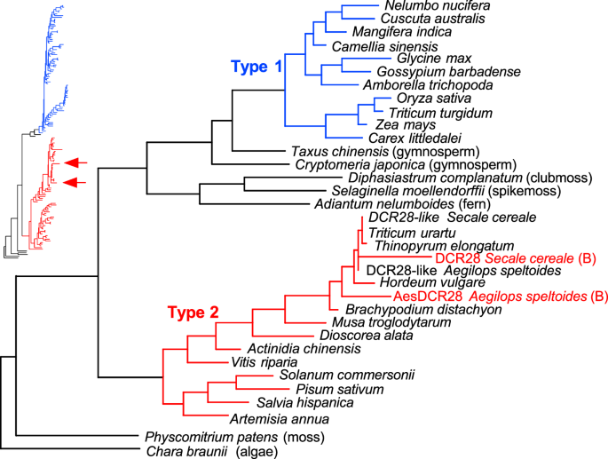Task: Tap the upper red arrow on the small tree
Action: click(x=76, y=162)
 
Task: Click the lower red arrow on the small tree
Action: click(x=76, y=182)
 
